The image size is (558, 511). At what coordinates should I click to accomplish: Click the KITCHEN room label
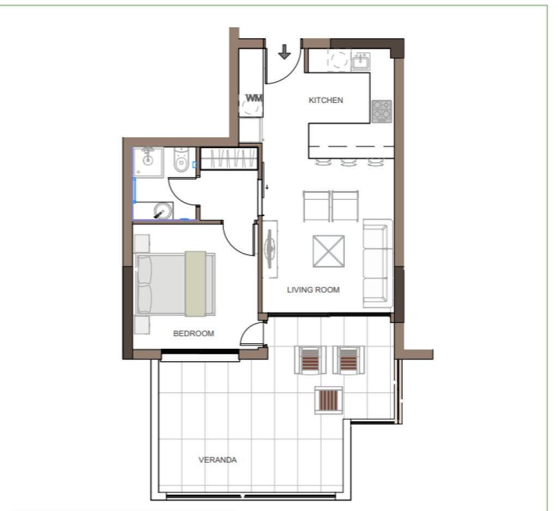326,100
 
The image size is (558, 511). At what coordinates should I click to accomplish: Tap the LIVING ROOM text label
313,290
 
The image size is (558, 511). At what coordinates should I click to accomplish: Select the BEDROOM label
193,333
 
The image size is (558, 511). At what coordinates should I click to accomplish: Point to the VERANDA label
217,460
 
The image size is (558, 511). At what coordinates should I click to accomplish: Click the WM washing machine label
254,98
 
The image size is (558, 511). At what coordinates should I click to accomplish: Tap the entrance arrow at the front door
284,52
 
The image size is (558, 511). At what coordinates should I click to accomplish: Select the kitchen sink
361,61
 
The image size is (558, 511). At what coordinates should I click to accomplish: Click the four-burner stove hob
382,111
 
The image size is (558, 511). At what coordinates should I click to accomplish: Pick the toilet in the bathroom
181,160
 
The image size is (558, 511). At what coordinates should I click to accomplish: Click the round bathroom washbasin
163,210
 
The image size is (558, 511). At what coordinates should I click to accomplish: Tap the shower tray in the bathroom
148,162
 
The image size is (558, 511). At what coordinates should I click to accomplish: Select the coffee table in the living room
329,251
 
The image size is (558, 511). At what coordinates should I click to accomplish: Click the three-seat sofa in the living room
378,263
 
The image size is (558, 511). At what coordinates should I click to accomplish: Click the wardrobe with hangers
229,158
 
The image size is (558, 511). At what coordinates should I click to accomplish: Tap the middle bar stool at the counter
349,162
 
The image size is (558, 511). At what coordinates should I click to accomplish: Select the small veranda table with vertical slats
329,400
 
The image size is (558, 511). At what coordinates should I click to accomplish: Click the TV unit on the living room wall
270,249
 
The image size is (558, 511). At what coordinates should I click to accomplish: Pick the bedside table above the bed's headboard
142,243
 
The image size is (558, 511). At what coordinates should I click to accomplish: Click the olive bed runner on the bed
196,284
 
